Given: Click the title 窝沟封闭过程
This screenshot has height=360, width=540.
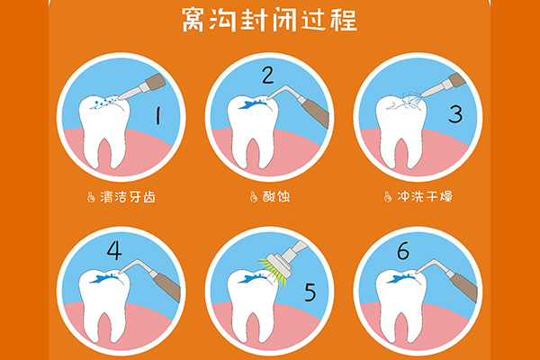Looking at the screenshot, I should pyautogui.click(x=269, y=19).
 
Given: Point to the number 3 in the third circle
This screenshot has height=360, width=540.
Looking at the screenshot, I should pyautogui.click(x=455, y=114).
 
